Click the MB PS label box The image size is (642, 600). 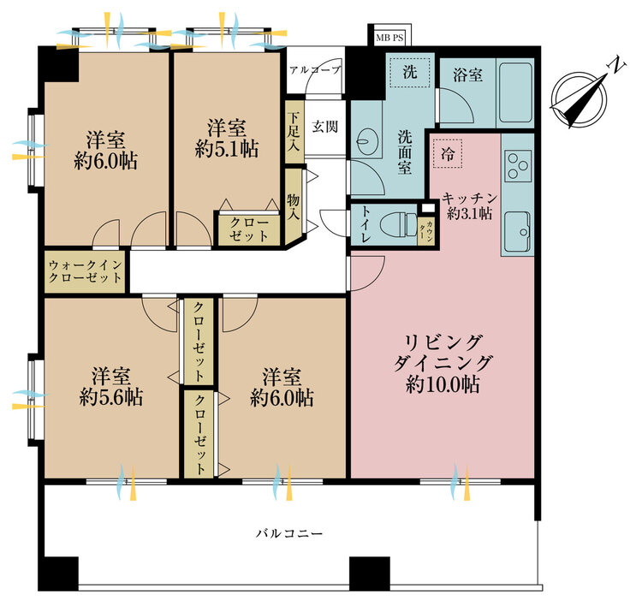click(x=389, y=38)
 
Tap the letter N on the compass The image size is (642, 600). click(x=616, y=66)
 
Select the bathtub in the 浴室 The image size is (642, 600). click(x=515, y=93)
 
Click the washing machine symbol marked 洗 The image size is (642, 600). click(x=410, y=73)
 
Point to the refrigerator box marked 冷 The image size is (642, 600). click(x=448, y=153)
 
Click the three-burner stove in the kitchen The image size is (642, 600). click(x=518, y=166)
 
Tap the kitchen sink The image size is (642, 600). click(x=518, y=232)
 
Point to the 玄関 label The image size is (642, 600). click(x=325, y=127)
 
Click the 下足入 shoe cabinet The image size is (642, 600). click(x=293, y=131)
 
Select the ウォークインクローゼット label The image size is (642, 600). click(x=85, y=271)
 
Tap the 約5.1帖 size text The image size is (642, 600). click(x=227, y=150)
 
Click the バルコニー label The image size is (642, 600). click(x=289, y=533)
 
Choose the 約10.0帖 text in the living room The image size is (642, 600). click(x=443, y=384)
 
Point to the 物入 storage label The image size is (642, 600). click(x=293, y=207)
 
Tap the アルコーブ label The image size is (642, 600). click(x=315, y=70)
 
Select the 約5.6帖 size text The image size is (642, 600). click(x=111, y=397)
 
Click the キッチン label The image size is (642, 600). click(x=470, y=199)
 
